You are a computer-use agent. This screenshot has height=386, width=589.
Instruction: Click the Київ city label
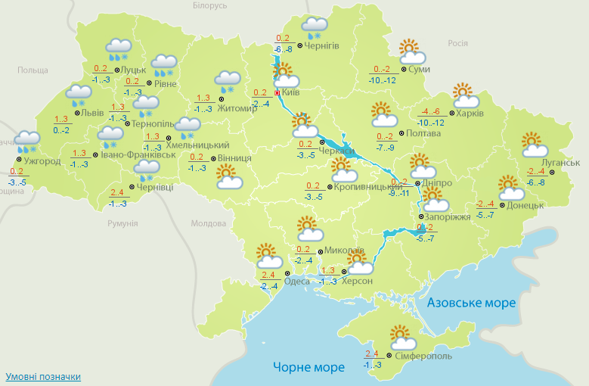click(x=290, y=92)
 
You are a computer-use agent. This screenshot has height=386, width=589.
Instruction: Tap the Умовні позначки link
click(x=43, y=376)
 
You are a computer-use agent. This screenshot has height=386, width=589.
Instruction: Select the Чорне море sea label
click(x=309, y=367)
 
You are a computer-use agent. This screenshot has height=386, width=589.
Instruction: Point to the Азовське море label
click(x=472, y=303)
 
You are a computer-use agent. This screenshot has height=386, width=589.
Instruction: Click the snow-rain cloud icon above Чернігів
click(x=315, y=28)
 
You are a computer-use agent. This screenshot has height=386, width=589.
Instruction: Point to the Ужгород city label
click(x=42, y=161)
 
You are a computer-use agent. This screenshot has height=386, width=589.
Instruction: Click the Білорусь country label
click(x=209, y=6)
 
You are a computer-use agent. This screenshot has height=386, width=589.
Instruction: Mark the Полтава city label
click(x=423, y=133)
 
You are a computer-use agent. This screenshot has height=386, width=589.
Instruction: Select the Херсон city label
click(x=357, y=281)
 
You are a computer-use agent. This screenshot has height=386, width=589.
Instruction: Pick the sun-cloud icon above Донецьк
click(x=510, y=185)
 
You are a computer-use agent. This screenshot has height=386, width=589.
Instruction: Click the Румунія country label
click(x=122, y=223)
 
